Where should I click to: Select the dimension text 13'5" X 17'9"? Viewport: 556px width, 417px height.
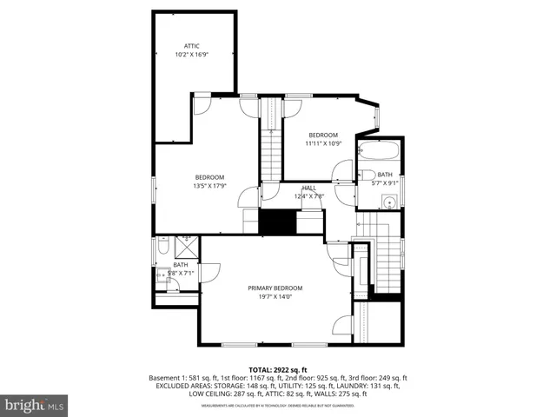[x=209, y=185]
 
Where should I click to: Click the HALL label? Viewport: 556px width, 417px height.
[x=308, y=187]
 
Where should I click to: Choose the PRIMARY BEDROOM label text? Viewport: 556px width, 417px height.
[x=275, y=288]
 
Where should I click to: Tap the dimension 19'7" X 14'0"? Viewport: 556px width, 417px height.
[x=275, y=296]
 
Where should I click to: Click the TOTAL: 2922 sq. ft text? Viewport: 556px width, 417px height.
[x=278, y=369]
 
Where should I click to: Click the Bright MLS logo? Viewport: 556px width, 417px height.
[x=35, y=404]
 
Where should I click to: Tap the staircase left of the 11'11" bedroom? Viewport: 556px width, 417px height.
[x=271, y=143]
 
